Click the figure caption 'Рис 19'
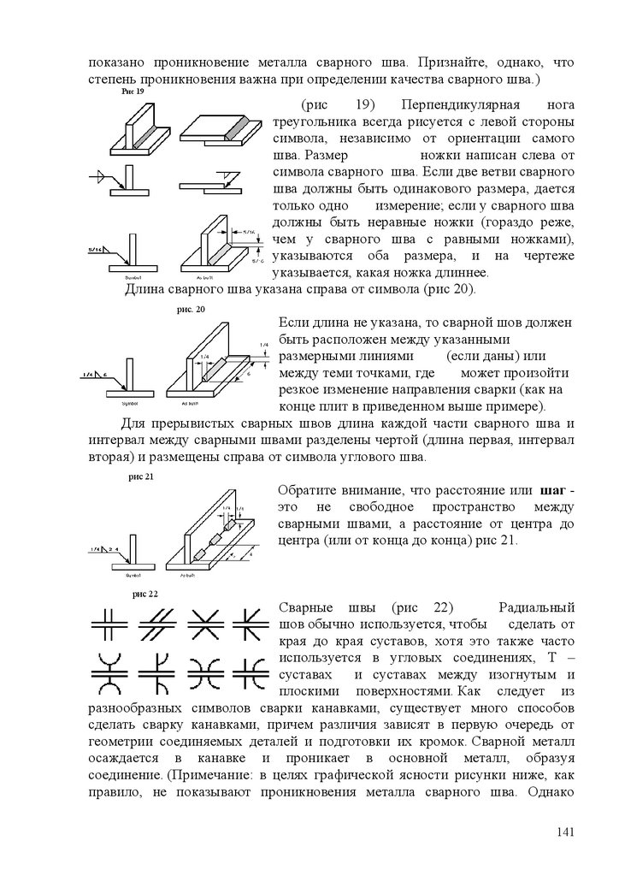click(x=133, y=92)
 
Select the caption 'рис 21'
click(x=140, y=476)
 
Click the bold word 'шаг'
click(x=555, y=490)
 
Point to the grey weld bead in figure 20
click(x=217, y=369)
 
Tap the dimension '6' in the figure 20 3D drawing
click(x=248, y=374)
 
